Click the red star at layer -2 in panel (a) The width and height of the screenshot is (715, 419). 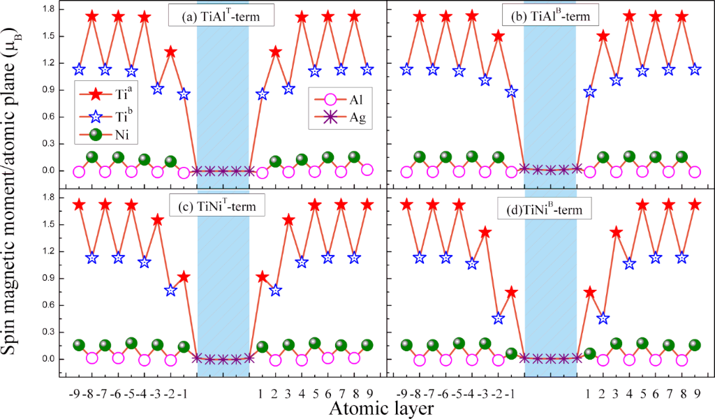pyautogui.click(x=170, y=51)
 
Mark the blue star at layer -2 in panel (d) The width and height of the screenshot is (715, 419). pyautogui.click(x=498, y=318)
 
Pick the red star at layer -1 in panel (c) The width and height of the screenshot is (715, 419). pyautogui.click(x=184, y=277)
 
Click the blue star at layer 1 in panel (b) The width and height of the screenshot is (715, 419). pyautogui.click(x=590, y=91)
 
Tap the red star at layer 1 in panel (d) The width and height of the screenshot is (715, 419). pyautogui.click(x=590, y=291)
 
